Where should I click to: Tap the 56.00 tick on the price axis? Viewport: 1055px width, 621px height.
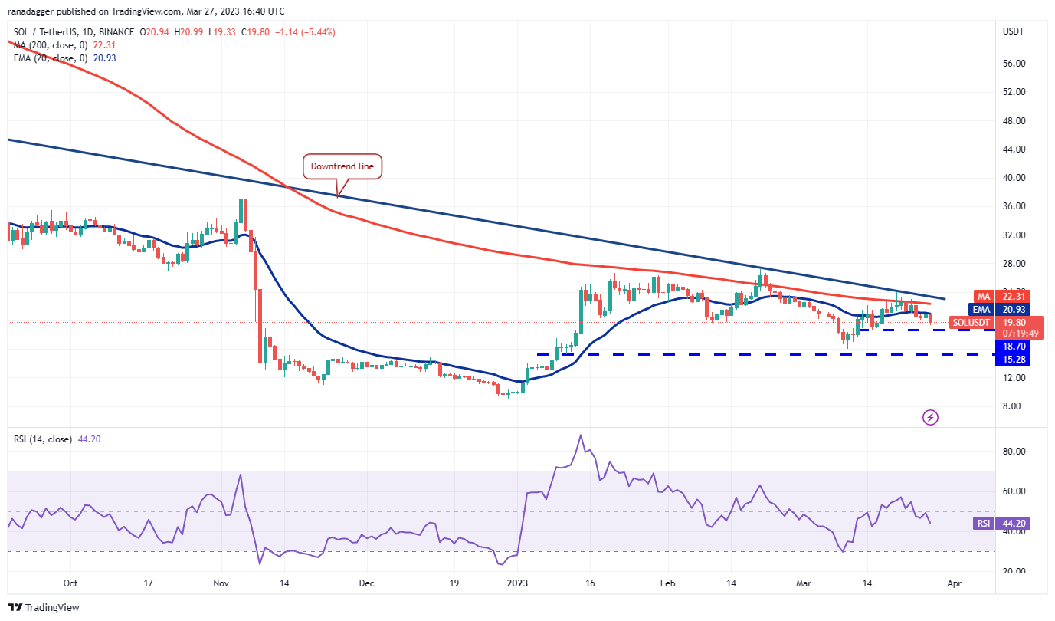tap(1014, 64)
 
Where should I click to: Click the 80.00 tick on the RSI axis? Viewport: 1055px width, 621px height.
tap(1014, 452)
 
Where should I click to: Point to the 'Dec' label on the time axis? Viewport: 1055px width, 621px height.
tap(366, 583)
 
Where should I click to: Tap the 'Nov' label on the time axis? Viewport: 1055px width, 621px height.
tap(221, 583)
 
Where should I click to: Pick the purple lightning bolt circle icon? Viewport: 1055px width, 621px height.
tap(930, 417)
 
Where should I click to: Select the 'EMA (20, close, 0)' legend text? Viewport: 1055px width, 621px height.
tap(51, 58)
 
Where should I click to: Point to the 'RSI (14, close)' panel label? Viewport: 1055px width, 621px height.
tap(44, 439)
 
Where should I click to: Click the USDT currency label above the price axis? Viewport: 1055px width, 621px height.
tap(1014, 31)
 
